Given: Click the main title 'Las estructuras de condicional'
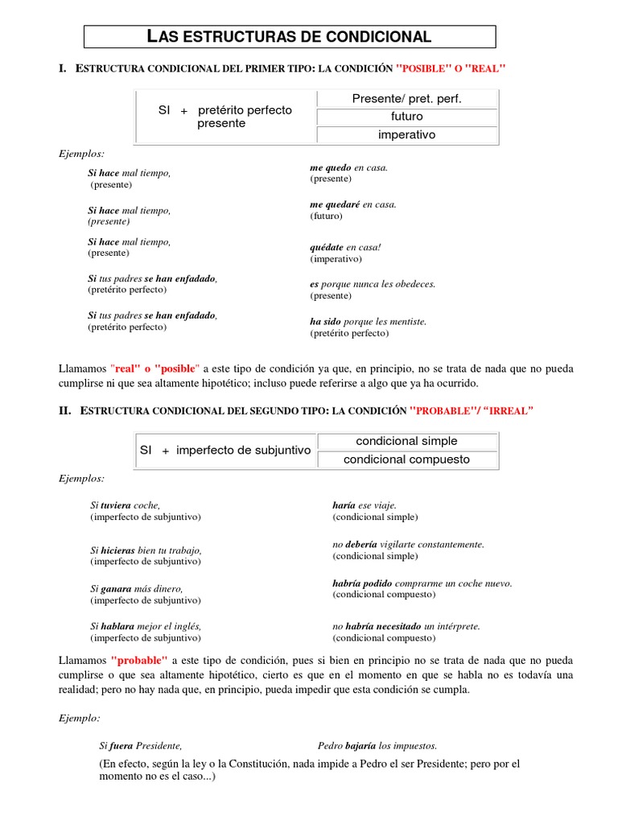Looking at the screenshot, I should point(290,36).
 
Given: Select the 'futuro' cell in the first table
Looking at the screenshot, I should point(406,117).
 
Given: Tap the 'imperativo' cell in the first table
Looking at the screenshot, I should point(406,135).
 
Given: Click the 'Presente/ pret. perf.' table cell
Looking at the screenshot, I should point(406,98).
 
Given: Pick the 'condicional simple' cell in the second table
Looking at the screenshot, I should point(406,441).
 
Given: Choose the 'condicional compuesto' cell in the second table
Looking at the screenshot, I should point(406,459).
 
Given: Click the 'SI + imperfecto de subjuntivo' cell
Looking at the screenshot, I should point(225,451).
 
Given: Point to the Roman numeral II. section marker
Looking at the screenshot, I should point(65,410).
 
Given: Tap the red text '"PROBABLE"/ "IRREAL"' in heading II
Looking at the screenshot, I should point(472,410).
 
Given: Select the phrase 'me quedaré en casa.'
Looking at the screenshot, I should point(353,204).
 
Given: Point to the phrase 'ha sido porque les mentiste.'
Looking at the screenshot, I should point(368,321).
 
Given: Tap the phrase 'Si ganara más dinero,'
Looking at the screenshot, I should point(137,588).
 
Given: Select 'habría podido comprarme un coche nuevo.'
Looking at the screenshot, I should point(422,583).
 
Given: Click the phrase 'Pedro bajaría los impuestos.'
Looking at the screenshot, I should point(377,745).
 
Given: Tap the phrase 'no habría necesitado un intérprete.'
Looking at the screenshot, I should point(406,625).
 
